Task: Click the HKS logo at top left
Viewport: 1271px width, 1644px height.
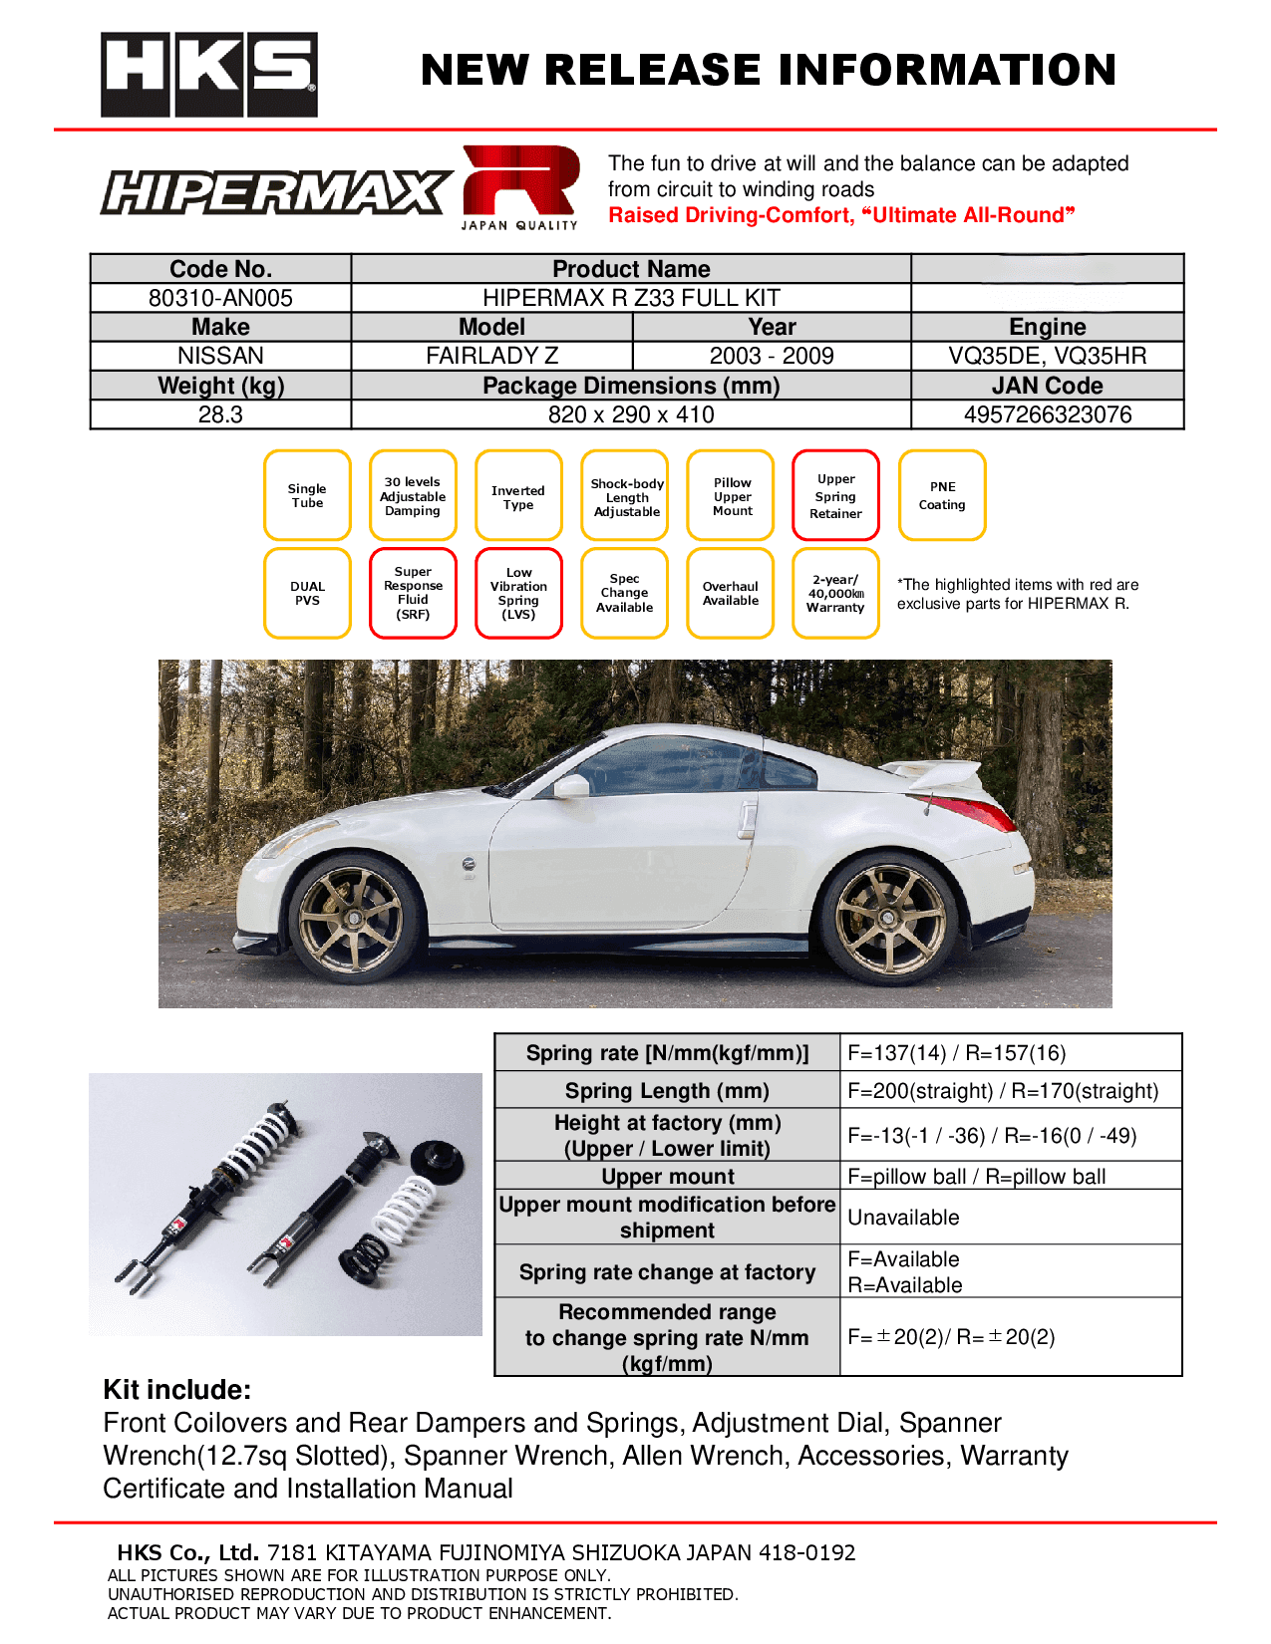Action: [209, 75]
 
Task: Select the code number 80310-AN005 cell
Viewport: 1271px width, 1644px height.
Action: [220, 298]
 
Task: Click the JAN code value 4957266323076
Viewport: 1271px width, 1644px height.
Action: [1047, 414]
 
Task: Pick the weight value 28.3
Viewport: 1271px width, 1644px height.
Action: [220, 414]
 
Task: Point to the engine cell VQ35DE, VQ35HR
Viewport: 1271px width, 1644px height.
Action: [1047, 356]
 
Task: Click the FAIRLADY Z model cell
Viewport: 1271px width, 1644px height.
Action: [491, 356]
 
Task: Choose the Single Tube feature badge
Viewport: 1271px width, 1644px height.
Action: [307, 495]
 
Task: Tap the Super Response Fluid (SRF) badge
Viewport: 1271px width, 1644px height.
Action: [413, 593]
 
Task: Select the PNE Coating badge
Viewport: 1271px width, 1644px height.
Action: [942, 495]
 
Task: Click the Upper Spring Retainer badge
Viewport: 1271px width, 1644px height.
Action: [835, 495]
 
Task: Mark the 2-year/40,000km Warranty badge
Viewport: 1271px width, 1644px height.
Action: [835, 593]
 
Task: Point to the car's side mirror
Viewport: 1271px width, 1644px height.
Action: [573, 786]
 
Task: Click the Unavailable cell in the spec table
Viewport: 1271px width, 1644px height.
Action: [904, 1218]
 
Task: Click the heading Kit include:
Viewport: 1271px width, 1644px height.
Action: [177, 1390]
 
